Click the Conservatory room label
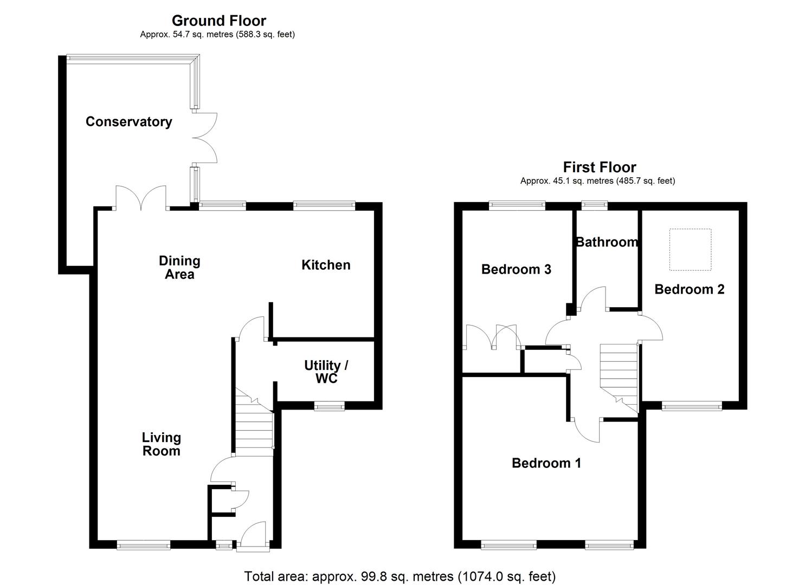[128, 122]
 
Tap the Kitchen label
[326, 265]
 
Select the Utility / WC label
[326, 372]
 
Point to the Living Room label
[161, 444]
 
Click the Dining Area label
[179, 268]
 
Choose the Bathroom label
[607, 242]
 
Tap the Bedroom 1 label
[546, 463]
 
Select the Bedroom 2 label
[689, 289]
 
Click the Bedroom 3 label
[516, 269]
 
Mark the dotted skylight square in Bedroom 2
[690, 249]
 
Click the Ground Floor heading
[218, 21]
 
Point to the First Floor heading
[599, 167]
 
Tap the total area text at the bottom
[400, 576]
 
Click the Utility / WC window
[330, 406]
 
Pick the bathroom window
[594, 205]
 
